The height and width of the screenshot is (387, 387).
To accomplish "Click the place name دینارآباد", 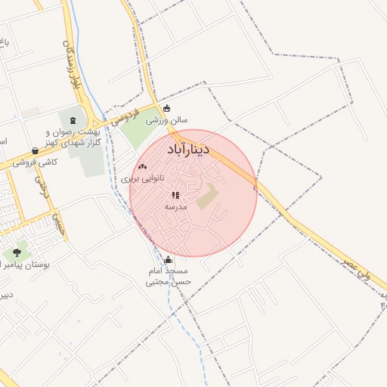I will tap(172, 150).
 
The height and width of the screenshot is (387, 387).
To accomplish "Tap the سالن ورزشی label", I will tap(173, 119).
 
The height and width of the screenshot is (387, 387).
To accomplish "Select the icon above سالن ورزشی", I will tap(166, 107).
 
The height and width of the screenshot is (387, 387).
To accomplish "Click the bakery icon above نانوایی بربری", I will tap(142, 166).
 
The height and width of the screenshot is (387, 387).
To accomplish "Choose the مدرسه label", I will tap(175, 206).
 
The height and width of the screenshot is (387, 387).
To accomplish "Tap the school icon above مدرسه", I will tap(175, 195).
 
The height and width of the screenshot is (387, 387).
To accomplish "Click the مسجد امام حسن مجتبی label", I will tap(169, 276).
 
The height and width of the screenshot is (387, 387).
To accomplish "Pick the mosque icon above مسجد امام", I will tap(168, 259).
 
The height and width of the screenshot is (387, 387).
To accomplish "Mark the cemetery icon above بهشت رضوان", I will tap(73, 119).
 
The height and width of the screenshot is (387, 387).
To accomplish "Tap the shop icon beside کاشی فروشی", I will tap(36, 150).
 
